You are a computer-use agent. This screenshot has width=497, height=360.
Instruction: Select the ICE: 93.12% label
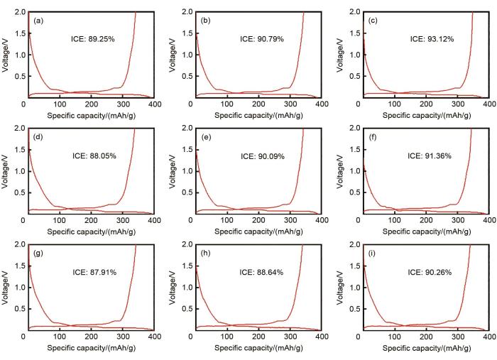[x=430, y=39]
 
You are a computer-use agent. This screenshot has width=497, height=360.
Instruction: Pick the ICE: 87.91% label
[x=94, y=271]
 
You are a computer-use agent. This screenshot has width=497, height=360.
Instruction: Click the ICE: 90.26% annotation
[x=430, y=271]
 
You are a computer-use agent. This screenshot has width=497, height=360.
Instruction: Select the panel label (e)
[x=206, y=137]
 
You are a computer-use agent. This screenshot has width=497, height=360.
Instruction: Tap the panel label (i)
[x=374, y=253]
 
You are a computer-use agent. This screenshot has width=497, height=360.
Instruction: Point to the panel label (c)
[x=374, y=21]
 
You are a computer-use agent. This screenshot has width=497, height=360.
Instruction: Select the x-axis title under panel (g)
[x=89, y=348]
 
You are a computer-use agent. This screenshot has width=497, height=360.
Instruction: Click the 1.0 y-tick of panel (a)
[x=18, y=55]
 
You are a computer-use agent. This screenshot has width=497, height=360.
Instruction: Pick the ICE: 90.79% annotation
[x=263, y=39]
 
